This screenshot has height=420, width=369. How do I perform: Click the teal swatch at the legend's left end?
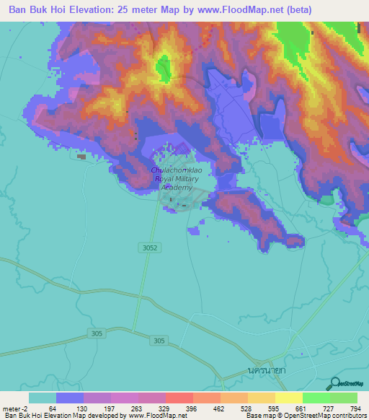(43, 398)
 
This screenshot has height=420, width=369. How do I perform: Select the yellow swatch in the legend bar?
(289, 398)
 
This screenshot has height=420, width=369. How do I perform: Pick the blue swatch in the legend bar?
(70, 398)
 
